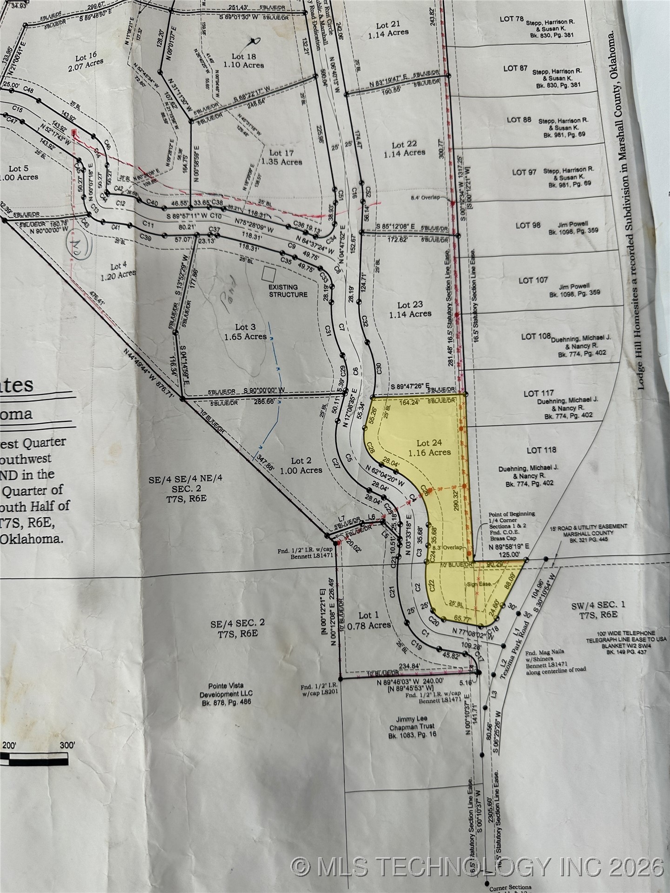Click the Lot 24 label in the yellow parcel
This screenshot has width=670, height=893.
point(429,447)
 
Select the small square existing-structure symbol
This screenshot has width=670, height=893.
point(268,273)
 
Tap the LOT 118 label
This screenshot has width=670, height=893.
point(541,450)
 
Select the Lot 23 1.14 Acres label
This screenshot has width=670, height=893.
point(409,309)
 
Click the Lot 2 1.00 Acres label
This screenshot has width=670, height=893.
point(301,465)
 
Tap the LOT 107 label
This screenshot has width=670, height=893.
point(533,280)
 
